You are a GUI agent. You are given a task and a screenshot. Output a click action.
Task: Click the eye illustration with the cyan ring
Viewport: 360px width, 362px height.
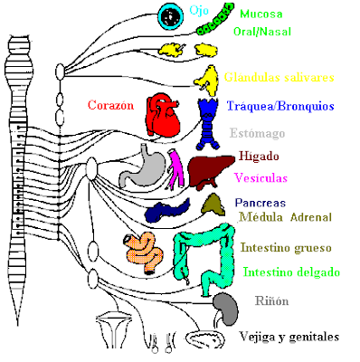(171, 16)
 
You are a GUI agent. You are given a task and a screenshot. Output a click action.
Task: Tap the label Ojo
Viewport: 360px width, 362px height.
(199, 11)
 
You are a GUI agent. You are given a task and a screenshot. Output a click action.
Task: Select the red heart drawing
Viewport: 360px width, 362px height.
(163, 114)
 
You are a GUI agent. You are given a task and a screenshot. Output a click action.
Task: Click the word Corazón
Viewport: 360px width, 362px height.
(110, 105)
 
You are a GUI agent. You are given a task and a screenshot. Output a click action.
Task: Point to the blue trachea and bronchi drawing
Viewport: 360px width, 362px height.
(208, 124)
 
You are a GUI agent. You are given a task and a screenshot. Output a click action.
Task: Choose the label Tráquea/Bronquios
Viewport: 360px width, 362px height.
(280, 106)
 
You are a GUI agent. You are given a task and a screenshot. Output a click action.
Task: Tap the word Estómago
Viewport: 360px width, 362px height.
(257, 133)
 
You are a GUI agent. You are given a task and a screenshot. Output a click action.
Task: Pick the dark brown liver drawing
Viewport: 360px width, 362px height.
(211, 171)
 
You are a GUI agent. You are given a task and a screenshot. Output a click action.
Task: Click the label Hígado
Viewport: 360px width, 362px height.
(259, 156)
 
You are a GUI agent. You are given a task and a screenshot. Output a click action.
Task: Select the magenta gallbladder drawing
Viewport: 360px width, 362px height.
(175, 169)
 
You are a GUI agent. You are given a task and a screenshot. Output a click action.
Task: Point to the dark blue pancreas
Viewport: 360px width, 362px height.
(166, 210)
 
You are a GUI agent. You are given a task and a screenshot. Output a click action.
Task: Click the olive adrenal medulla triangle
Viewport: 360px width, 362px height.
(213, 205)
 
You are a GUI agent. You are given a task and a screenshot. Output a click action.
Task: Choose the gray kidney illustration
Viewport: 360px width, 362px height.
(226, 308)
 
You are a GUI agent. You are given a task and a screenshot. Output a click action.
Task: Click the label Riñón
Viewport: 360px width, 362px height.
(271, 300)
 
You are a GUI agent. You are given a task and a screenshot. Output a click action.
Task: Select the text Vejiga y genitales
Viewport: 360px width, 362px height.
(289, 337)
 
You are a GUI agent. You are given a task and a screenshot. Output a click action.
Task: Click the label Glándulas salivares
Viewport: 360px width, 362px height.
(279, 77)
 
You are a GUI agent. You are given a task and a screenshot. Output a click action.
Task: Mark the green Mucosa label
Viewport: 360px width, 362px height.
(261, 14)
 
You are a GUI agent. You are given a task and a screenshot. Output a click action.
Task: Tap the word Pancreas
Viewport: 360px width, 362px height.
(261, 203)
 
